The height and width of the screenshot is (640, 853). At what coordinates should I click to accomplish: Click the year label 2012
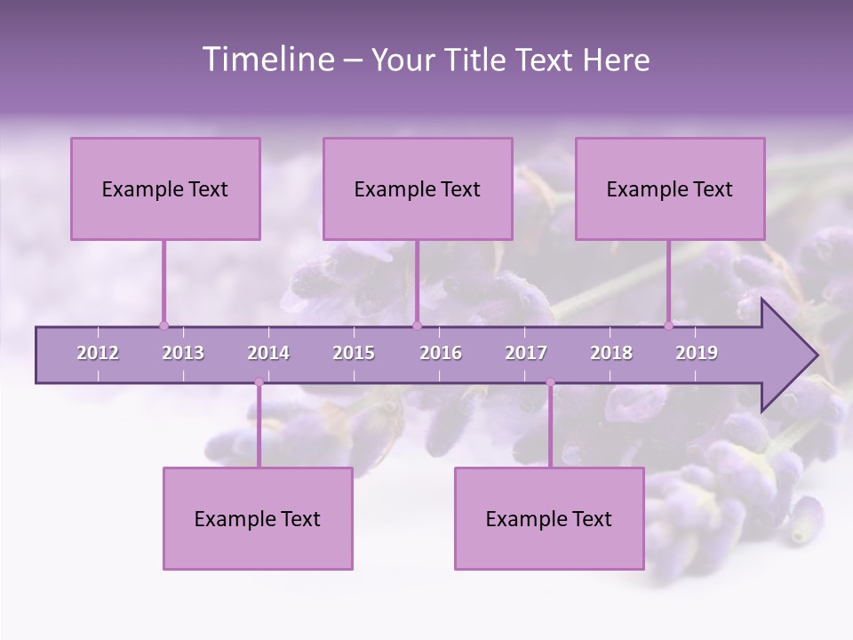tap(98, 353)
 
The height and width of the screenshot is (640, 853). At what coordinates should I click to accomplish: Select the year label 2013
tap(183, 353)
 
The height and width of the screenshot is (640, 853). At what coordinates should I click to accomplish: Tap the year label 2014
tap(268, 353)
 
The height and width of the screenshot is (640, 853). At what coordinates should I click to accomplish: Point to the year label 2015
tap(354, 353)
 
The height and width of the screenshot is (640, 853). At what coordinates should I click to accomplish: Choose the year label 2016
tap(441, 353)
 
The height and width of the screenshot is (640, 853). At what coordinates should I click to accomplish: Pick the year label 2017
tap(526, 353)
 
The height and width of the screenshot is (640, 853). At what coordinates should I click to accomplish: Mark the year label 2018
tap(611, 353)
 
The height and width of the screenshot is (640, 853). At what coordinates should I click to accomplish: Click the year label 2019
tap(697, 353)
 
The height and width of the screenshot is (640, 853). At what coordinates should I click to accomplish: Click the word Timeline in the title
tap(267, 60)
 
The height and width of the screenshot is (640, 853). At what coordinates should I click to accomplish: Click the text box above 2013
tap(165, 188)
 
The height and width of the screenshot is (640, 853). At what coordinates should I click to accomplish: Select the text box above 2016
tap(418, 188)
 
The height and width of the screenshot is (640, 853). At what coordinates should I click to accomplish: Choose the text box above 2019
tap(670, 188)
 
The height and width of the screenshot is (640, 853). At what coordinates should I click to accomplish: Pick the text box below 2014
tap(258, 518)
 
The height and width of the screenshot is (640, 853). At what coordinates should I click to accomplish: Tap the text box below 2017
tap(549, 518)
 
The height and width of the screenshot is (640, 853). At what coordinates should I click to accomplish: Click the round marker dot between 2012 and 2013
tap(163, 325)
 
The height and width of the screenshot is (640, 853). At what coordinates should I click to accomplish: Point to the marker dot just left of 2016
tap(417, 325)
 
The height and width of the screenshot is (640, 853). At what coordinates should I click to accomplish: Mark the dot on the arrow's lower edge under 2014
tap(259, 383)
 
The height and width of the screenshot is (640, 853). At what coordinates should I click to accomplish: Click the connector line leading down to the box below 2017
tap(550, 427)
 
